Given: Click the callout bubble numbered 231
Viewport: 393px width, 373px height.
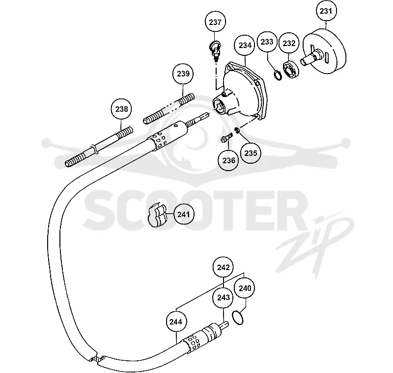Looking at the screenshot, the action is pos(326,11).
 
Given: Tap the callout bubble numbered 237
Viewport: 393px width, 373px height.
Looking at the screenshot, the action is pos(215,22).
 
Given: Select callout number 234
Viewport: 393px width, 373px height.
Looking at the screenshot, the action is pos(245,45).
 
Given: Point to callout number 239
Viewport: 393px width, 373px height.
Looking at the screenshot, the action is pos(183,74).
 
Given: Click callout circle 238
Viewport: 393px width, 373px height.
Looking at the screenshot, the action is pos(121,109).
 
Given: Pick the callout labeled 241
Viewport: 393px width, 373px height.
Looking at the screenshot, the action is pos(184,214).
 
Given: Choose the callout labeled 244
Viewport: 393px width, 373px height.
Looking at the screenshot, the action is pos(176,322).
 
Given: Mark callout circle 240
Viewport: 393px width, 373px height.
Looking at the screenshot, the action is pos(245,288).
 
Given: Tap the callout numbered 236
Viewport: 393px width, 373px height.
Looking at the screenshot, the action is pos(229,160).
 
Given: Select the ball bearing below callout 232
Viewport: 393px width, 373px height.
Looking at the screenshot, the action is pos(291,70).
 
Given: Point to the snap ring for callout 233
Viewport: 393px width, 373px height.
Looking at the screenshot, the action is pos(277,75).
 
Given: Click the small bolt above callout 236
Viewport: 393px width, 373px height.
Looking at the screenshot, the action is pos(227,138).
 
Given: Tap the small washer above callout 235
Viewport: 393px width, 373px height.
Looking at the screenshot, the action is pos(237,130).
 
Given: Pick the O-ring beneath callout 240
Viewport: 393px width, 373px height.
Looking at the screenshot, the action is pos(237,318).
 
